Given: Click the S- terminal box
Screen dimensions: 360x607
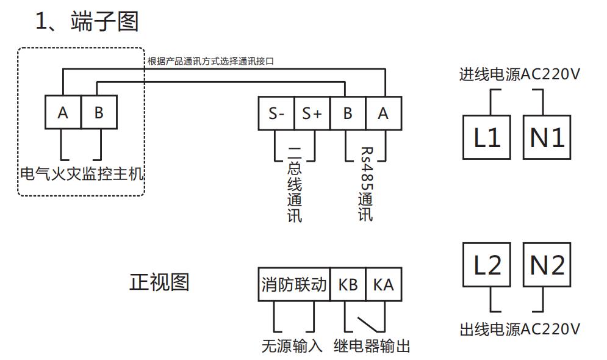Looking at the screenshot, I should tap(276, 113).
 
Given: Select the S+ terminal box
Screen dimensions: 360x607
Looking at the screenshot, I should tap(312, 113).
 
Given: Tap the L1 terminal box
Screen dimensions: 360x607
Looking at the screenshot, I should tap(486, 138).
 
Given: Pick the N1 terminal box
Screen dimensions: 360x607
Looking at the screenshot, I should tap(547, 138).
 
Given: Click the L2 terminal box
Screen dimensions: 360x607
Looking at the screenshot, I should tap(486, 265).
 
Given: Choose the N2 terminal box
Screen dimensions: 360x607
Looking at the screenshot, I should tap(547, 265).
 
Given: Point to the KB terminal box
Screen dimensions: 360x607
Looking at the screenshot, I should tap(348, 284).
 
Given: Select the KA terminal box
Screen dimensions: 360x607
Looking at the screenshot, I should tap(384, 284).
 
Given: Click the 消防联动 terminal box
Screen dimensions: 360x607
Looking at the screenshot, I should tap(294, 284).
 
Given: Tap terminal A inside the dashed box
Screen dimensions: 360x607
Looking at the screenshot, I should tap(63, 113).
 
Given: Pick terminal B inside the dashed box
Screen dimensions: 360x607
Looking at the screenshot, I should tap(99, 113).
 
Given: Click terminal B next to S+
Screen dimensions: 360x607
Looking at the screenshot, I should tap(348, 113).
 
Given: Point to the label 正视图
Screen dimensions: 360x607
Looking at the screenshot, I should tap(159, 282).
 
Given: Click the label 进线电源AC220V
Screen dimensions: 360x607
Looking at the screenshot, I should tap(519, 75).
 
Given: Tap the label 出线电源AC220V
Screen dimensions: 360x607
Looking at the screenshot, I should tap(519, 329).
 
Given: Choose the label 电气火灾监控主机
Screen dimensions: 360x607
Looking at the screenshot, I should tap(81, 174).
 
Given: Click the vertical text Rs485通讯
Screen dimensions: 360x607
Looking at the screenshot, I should tap(365, 183).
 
